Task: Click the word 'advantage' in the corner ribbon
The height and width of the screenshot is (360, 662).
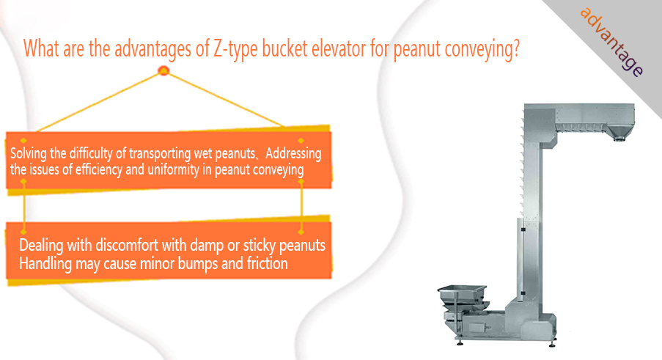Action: (611, 42)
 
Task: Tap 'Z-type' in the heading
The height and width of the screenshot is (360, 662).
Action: (235, 48)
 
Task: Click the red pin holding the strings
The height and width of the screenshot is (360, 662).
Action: (163, 70)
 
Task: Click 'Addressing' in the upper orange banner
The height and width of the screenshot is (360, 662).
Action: (293, 153)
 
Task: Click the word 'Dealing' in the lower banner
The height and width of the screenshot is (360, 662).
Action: (41, 245)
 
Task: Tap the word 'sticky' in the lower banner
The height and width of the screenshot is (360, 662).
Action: (260, 245)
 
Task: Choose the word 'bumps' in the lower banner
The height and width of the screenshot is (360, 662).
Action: (198, 264)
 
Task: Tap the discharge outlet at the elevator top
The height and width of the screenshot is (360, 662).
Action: (619, 134)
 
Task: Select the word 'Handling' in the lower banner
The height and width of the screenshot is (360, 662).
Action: (45, 264)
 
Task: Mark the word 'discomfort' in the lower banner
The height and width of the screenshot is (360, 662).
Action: (126, 244)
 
